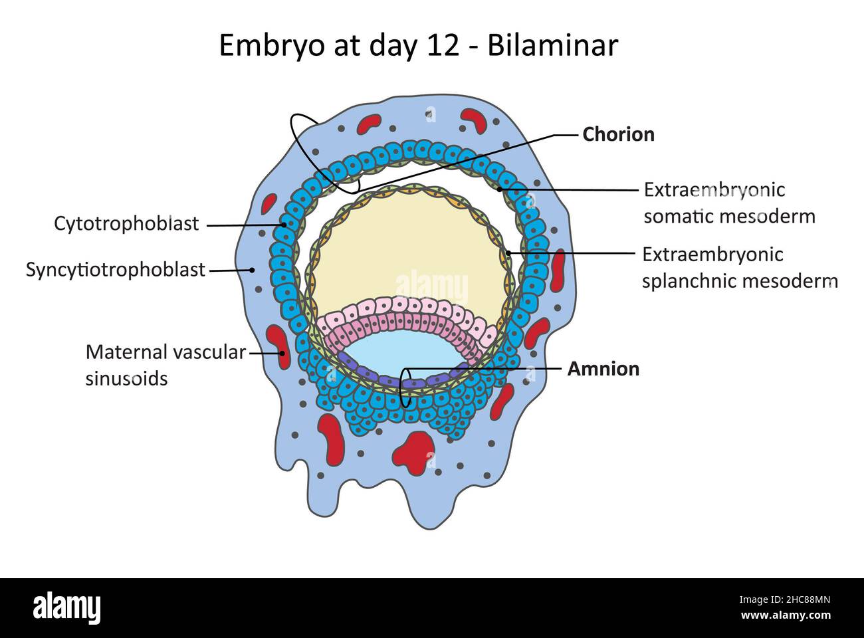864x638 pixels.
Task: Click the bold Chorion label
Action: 618,134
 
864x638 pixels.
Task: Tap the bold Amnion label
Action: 603,369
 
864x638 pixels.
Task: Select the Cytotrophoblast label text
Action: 126,224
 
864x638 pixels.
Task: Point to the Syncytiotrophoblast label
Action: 116,270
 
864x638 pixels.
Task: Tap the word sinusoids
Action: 126,379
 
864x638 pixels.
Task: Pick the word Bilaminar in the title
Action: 552,46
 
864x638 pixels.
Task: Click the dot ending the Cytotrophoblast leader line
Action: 284,225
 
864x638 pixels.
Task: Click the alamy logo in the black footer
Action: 66,607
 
